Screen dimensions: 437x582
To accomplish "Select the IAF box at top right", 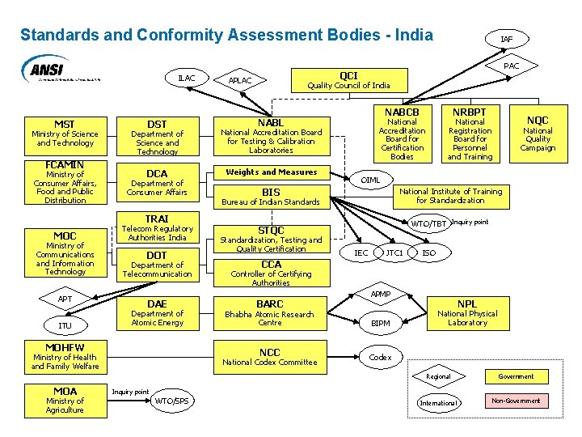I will (506, 39).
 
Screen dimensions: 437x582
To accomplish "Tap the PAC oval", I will (511, 66).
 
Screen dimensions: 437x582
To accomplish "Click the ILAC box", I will (186, 78).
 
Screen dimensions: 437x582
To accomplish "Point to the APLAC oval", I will (240, 80).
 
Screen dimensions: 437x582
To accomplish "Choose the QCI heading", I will (348, 75).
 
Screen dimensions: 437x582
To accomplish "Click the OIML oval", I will (370, 180).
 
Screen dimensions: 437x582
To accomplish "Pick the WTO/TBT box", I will (428, 223).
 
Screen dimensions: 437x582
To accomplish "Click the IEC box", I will (361, 253).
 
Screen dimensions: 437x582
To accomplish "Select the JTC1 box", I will (394, 253).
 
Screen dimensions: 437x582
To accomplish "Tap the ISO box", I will (429, 253).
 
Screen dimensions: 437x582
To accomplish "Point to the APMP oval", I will (380, 295).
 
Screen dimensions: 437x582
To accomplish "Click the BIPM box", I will (380, 324).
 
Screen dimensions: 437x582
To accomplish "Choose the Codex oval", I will (380, 357).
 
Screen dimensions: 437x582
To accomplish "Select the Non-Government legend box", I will (516, 401).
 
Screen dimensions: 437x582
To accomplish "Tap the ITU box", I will (65, 325).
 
